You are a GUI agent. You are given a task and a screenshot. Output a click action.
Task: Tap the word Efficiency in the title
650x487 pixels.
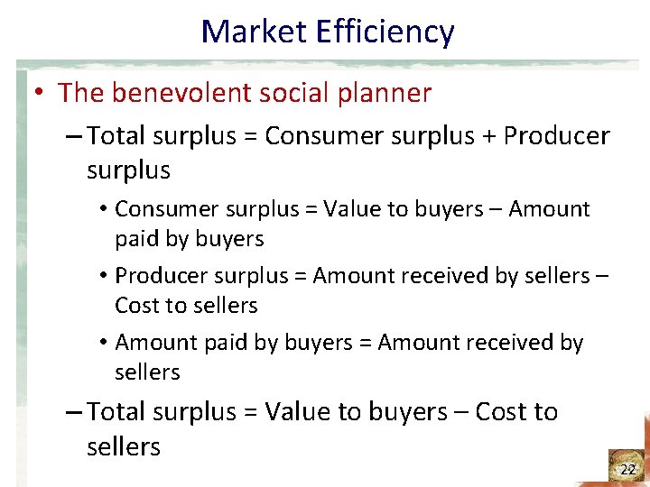(x=385, y=32)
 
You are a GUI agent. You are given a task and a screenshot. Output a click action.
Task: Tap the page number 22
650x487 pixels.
(x=627, y=469)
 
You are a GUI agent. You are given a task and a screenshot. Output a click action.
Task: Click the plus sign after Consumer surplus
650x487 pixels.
(x=488, y=136)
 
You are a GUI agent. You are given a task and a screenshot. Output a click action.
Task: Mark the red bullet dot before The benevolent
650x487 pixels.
(x=41, y=93)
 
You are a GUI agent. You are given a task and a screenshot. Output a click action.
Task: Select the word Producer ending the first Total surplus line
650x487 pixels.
(x=557, y=136)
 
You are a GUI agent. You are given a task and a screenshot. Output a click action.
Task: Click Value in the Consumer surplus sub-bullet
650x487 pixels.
(x=353, y=209)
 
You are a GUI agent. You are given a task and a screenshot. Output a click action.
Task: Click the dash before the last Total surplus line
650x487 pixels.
(x=76, y=412)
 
